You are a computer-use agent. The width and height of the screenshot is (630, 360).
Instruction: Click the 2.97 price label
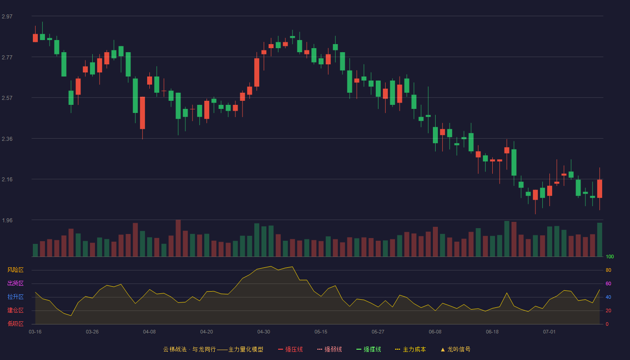(x=7, y=16)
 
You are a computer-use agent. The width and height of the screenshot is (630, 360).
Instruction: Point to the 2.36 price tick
(x=7, y=139)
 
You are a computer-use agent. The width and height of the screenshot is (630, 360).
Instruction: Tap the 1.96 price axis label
(x=7, y=220)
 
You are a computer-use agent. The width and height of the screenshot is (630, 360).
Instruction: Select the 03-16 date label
(x=35, y=332)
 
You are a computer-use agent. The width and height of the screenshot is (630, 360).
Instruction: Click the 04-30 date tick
(x=264, y=332)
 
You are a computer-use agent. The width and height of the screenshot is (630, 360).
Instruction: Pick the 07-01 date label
(x=549, y=332)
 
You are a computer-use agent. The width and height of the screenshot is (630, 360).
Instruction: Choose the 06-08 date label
(x=435, y=332)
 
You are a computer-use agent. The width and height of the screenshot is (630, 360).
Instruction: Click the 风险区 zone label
(x=15, y=270)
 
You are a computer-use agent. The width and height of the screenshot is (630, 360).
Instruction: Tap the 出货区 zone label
(x=15, y=283)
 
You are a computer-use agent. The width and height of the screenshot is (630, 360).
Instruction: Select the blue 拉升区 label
(x=15, y=297)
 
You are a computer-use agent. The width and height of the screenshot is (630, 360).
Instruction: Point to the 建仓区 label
(x=15, y=310)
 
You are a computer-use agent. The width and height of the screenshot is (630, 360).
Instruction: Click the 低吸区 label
(x=15, y=324)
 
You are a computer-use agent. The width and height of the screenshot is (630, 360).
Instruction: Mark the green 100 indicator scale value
(x=610, y=256)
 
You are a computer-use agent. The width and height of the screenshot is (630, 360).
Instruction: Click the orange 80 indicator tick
(x=608, y=270)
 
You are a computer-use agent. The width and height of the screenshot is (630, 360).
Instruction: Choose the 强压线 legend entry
(x=290, y=349)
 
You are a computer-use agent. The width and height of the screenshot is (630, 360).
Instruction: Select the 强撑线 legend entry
(x=369, y=349)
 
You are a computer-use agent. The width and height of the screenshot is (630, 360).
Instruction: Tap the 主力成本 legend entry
(x=410, y=349)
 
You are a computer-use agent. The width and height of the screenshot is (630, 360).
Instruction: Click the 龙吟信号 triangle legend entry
(x=455, y=349)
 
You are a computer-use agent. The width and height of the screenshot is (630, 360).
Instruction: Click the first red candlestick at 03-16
(x=35, y=38)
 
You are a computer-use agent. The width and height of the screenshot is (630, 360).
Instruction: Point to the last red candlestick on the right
(x=599, y=189)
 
